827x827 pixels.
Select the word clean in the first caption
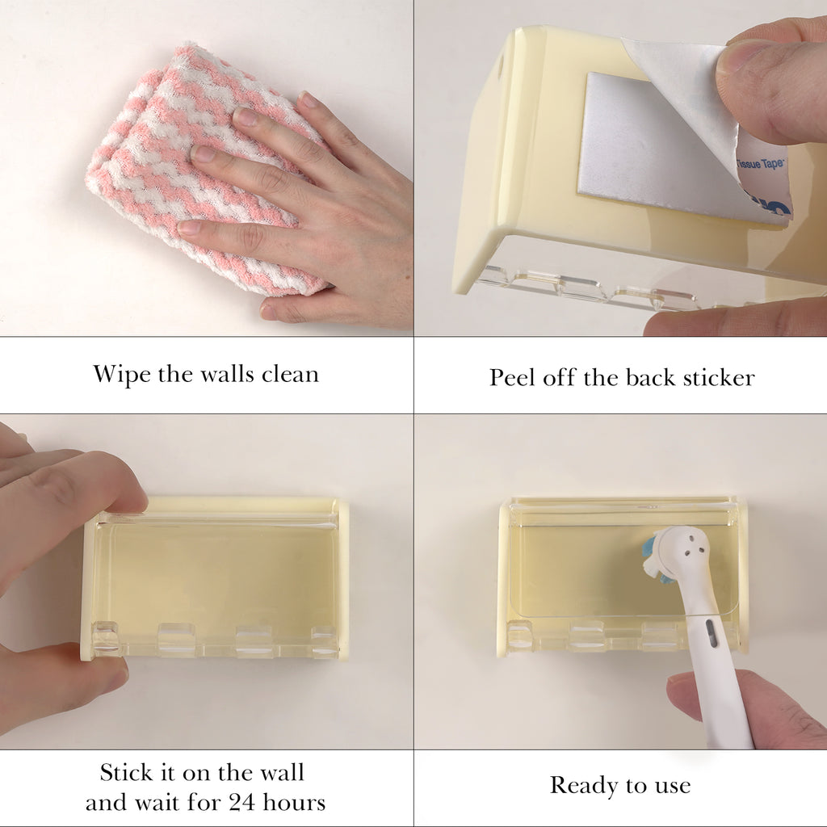point(291,374)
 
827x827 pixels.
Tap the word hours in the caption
point(294,802)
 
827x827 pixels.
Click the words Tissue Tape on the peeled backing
point(760,164)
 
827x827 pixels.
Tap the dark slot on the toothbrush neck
point(709,633)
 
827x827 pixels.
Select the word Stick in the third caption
point(125,773)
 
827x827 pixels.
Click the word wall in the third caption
point(281,773)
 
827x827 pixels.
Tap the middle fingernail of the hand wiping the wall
point(200,153)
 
